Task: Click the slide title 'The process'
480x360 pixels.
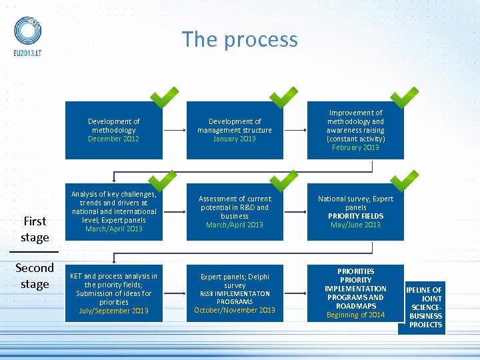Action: tap(240, 39)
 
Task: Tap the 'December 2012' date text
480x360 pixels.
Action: tap(113, 139)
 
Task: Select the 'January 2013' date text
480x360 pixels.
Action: tap(234, 139)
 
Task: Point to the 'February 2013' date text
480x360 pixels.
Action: tap(355, 147)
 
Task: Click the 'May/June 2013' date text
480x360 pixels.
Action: tap(355, 225)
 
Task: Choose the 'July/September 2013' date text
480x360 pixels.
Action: tap(113, 311)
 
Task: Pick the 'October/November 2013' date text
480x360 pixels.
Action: tap(235, 310)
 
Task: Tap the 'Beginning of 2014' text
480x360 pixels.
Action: tap(355, 315)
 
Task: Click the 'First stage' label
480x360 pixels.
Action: tap(35, 229)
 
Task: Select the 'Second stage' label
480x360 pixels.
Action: tap(35, 276)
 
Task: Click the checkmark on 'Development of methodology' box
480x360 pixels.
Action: tap(164, 97)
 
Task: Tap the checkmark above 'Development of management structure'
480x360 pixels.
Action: tap(284, 97)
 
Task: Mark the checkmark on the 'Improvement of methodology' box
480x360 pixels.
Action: tap(404, 97)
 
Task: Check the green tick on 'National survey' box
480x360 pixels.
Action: tap(404, 180)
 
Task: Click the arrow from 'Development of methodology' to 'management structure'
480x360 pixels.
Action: tap(174, 130)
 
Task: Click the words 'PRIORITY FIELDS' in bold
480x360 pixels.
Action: tap(355, 216)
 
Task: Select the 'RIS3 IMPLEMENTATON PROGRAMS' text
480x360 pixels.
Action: tap(235, 297)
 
